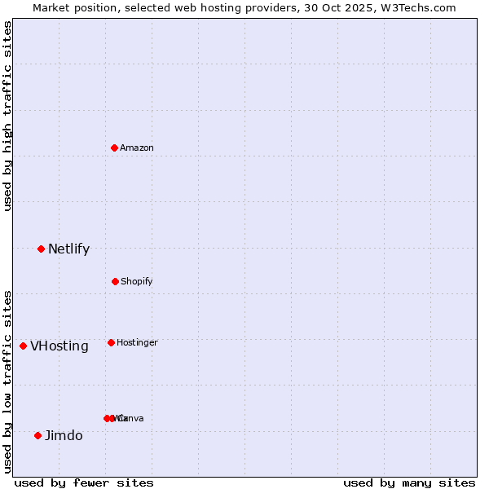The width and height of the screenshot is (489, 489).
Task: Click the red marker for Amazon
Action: point(115,148)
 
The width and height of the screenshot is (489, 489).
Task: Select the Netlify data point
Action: point(41,249)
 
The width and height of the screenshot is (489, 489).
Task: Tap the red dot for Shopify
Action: point(115,281)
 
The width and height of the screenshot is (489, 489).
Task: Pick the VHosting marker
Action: point(23,346)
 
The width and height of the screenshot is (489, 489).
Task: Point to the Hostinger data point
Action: point(111,342)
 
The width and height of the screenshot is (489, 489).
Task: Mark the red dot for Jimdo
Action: point(37,435)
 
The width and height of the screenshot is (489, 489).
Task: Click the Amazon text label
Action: point(137,148)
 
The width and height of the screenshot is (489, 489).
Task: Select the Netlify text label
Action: point(68,249)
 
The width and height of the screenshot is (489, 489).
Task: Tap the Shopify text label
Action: point(137,281)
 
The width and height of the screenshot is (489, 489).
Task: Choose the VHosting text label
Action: point(59,346)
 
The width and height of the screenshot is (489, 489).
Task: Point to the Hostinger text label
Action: point(137,342)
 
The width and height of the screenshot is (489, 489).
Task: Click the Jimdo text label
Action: point(64,435)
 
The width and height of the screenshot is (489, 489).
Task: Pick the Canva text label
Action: point(132,418)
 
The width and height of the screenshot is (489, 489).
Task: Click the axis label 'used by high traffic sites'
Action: point(7,116)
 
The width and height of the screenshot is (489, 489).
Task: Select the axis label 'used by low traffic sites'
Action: point(7,381)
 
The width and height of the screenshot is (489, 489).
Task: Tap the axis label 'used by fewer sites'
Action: point(84,482)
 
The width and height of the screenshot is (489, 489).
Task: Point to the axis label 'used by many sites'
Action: point(409,482)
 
